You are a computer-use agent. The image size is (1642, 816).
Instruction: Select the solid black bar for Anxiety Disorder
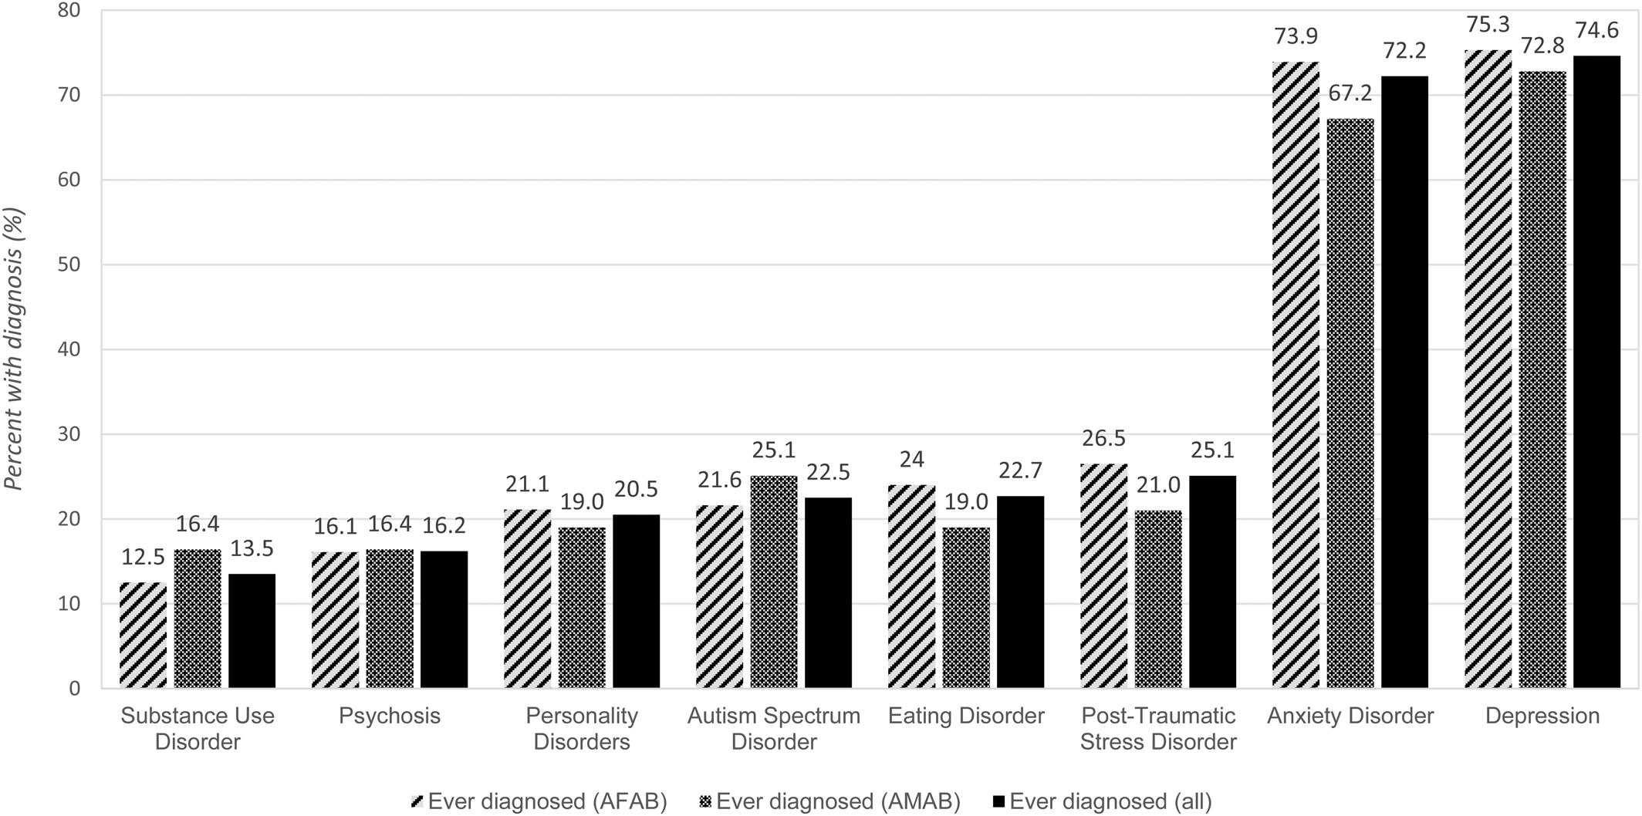click(x=1404, y=382)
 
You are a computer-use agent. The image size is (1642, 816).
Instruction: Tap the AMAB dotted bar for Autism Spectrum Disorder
click(x=774, y=582)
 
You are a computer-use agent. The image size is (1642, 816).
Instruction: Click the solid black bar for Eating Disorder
click(x=1020, y=592)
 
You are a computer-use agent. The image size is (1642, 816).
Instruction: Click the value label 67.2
click(x=1350, y=93)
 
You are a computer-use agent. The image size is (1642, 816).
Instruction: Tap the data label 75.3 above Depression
click(x=1488, y=25)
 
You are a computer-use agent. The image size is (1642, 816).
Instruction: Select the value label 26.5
click(x=1103, y=438)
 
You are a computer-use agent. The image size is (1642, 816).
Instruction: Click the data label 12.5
click(x=144, y=557)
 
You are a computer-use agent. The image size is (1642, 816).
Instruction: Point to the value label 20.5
click(x=636, y=490)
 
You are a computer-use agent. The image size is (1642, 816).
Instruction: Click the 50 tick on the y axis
click(x=69, y=265)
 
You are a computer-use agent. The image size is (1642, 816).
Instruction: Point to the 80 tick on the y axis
click(x=69, y=11)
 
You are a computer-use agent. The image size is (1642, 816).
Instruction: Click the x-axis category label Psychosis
click(x=390, y=716)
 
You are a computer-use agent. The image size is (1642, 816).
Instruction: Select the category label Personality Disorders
click(x=582, y=729)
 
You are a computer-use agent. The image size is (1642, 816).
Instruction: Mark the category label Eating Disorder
click(x=966, y=716)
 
